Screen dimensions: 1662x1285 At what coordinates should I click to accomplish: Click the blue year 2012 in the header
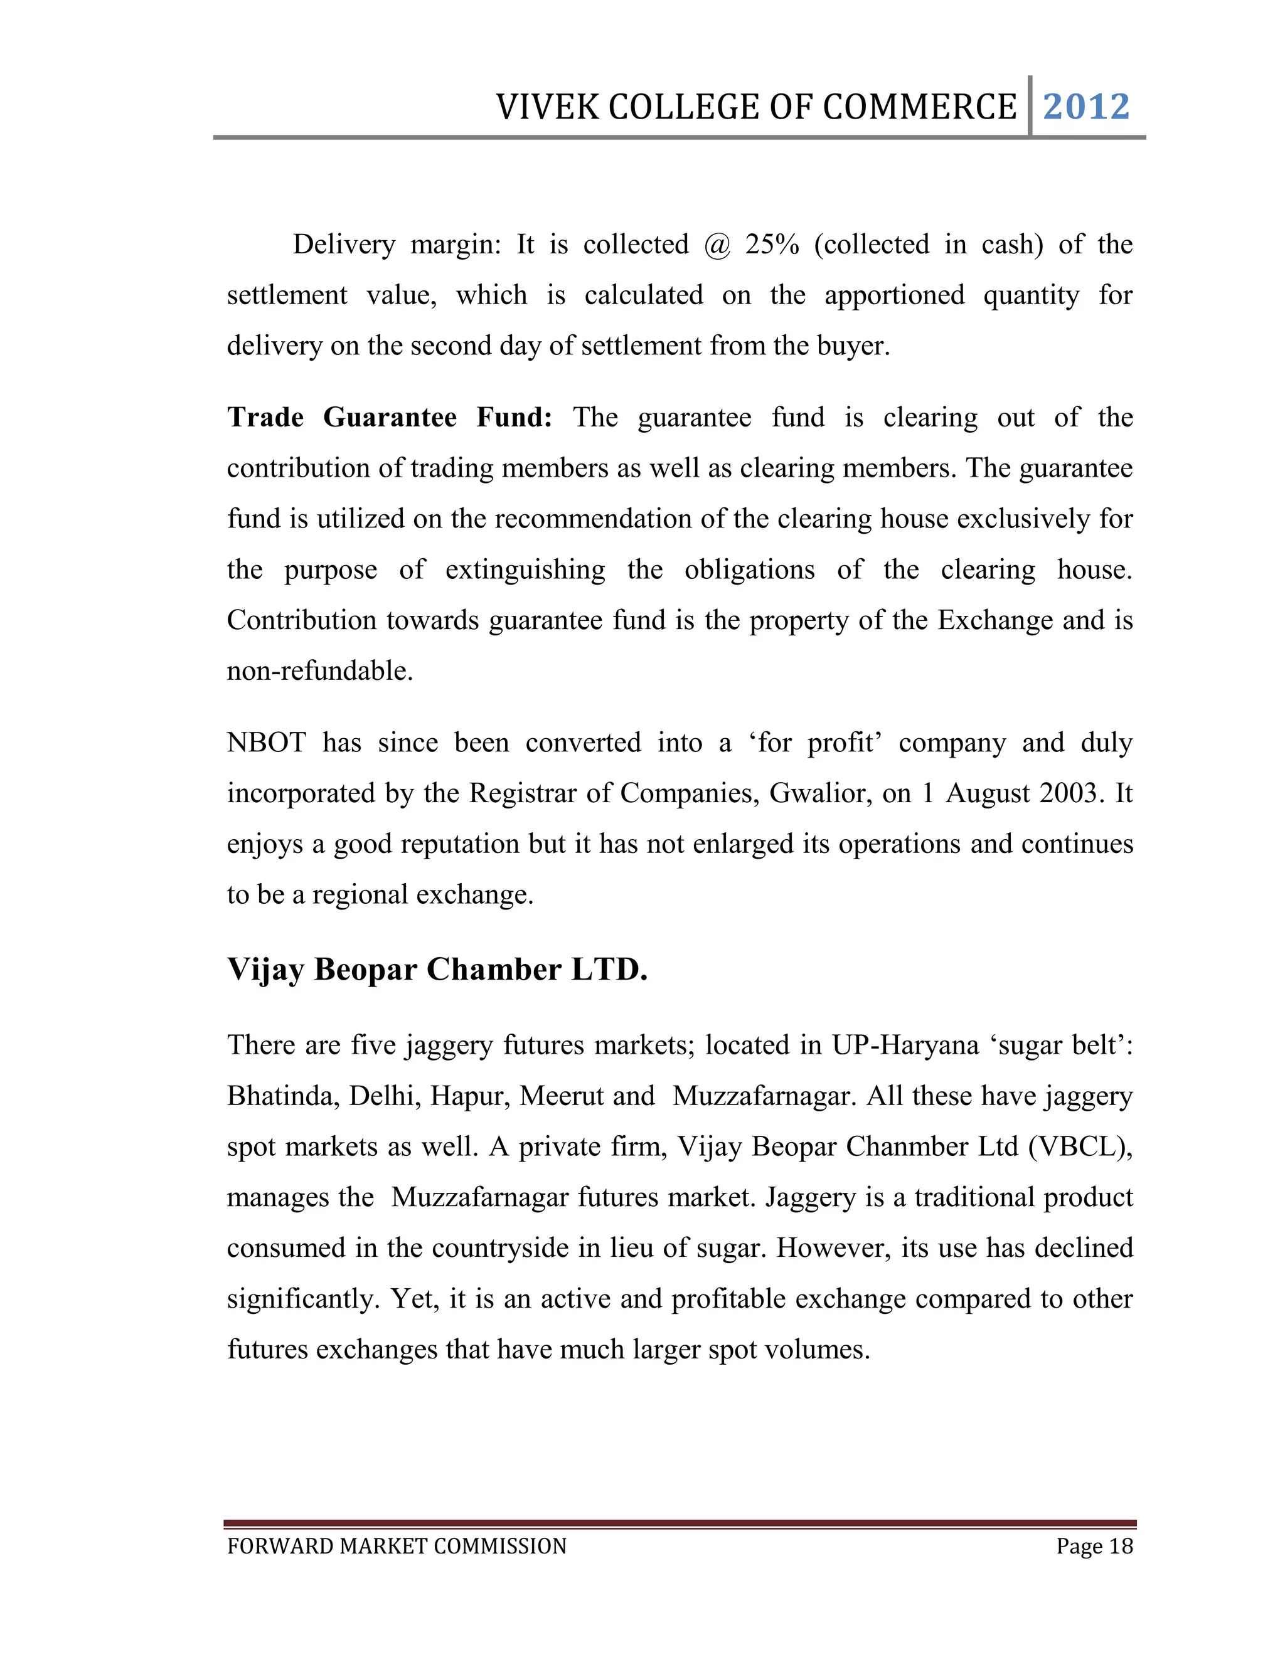(x=1086, y=107)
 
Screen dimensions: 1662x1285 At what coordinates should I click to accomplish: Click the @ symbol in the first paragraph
(x=717, y=245)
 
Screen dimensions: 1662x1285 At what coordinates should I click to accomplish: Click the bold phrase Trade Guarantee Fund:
(x=390, y=417)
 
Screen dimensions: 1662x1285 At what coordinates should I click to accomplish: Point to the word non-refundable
(x=320, y=670)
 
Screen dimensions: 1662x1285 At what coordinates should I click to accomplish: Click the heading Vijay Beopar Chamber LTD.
(x=437, y=970)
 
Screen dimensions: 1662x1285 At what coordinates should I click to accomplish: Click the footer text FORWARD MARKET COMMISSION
(x=397, y=1547)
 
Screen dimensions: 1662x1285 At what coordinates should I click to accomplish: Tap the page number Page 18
(x=1094, y=1547)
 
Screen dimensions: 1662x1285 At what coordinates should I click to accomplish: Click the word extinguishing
(x=525, y=569)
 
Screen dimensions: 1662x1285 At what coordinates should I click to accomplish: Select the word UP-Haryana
(x=905, y=1045)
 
